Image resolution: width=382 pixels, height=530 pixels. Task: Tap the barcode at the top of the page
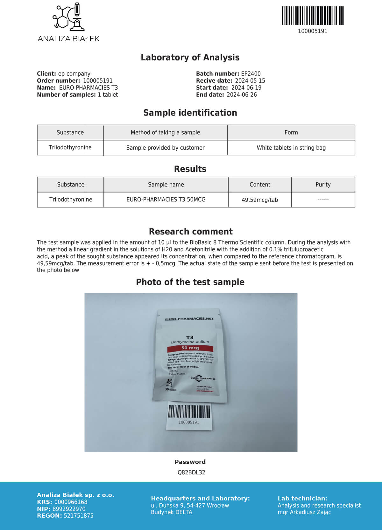point(313,16)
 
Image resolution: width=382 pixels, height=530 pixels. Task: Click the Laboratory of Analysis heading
point(190,58)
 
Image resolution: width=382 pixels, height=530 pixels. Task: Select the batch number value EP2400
point(251,74)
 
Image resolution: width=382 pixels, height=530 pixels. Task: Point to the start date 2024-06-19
point(246,88)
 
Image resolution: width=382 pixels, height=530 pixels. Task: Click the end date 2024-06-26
point(242,95)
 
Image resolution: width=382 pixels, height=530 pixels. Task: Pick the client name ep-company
point(74,74)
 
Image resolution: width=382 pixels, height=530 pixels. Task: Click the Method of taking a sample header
point(165,132)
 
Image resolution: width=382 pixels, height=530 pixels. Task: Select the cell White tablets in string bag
point(291,148)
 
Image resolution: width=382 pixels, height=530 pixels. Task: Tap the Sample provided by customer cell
point(165,148)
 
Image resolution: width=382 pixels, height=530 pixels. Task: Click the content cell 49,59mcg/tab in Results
point(260,200)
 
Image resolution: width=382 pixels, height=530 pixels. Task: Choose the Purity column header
point(323,185)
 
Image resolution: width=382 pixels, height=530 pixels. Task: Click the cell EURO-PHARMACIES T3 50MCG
point(166,200)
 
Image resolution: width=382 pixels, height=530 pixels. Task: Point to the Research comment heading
point(191,231)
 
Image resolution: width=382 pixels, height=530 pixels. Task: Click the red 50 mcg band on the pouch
point(190,348)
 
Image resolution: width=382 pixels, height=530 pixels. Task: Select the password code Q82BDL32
point(191,472)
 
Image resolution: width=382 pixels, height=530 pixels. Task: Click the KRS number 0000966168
point(71,502)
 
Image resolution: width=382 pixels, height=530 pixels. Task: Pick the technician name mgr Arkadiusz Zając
point(304,512)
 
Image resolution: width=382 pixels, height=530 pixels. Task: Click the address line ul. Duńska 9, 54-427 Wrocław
point(190,506)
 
